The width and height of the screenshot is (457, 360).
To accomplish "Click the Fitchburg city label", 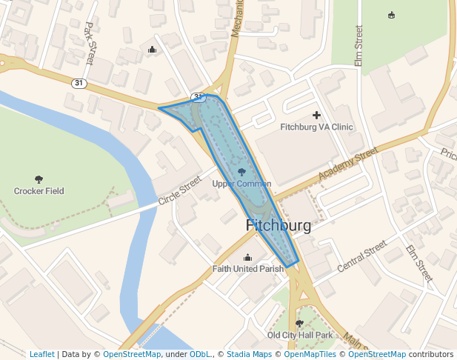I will coord(278,226).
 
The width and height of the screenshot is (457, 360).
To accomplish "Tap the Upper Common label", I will coord(241,184).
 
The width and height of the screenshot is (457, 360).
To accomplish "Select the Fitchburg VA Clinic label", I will coord(316,127).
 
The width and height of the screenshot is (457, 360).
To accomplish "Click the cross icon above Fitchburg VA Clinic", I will coord(317,115).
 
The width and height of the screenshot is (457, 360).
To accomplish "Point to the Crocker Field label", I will coord(39,191).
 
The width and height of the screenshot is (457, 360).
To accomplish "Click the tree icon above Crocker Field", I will coord(39,179).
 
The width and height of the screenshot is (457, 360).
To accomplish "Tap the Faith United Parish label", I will coord(247,269).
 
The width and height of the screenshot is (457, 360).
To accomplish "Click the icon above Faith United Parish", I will coord(247,257).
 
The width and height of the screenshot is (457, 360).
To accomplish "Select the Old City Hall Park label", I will coord(300,336).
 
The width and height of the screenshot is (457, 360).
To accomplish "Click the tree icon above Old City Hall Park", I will coord(299,324).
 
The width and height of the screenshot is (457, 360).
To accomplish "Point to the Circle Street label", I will coord(180,191).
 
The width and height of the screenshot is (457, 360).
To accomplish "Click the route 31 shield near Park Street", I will coord(79,83).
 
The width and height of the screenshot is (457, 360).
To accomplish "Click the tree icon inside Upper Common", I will coord(241,172).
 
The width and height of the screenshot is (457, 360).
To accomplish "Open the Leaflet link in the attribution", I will coord(41,354).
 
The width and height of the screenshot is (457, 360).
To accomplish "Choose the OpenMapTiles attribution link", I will coord(310,354).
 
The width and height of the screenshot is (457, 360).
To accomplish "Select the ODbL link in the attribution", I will coord(200,354).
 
